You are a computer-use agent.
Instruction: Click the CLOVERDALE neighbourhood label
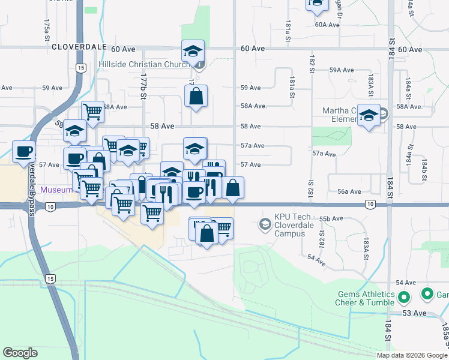click(79, 47)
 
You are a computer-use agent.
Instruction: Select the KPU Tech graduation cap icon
click(265, 224)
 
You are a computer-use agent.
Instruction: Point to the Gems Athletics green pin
click(404, 296)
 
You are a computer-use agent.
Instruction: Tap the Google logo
click(20, 352)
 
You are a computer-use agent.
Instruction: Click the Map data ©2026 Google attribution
click(412, 355)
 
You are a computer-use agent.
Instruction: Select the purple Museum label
click(56, 190)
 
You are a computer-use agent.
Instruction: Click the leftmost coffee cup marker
click(23, 151)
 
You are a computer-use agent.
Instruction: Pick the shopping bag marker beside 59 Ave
click(196, 96)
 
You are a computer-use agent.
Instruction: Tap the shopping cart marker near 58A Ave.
click(92, 112)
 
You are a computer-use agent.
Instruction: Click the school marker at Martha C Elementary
click(368, 115)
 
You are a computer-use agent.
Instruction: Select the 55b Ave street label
click(331, 218)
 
